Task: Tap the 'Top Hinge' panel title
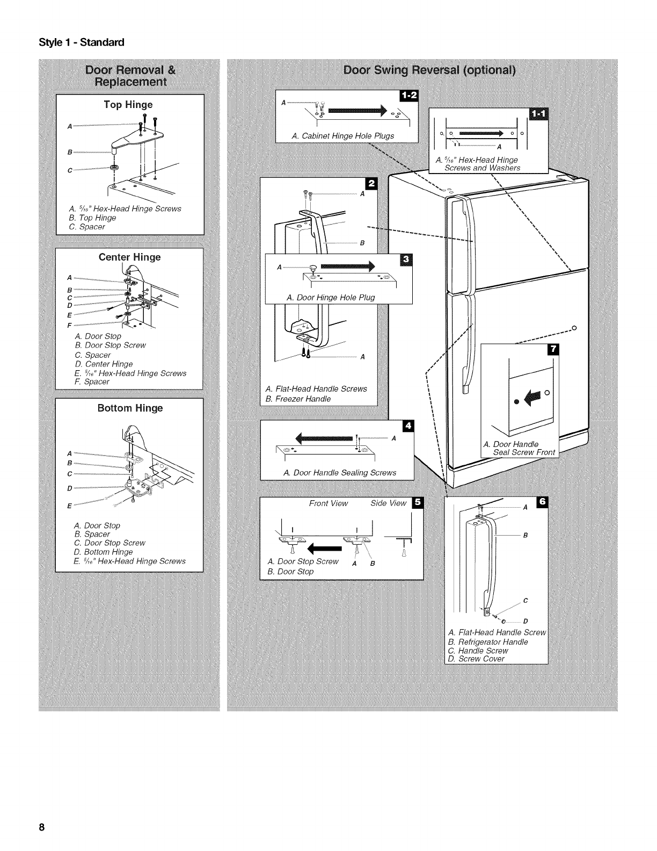(128, 105)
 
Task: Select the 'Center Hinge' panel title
(129, 257)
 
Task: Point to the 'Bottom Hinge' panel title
(130, 408)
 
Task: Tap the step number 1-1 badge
(535, 114)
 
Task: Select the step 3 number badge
(405, 260)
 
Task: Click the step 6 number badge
(542, 502)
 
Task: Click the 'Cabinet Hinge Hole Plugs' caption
(343, 136)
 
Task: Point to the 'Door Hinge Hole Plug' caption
(331, 298)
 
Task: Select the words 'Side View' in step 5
(389, 503)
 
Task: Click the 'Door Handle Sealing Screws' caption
(340, 473)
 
